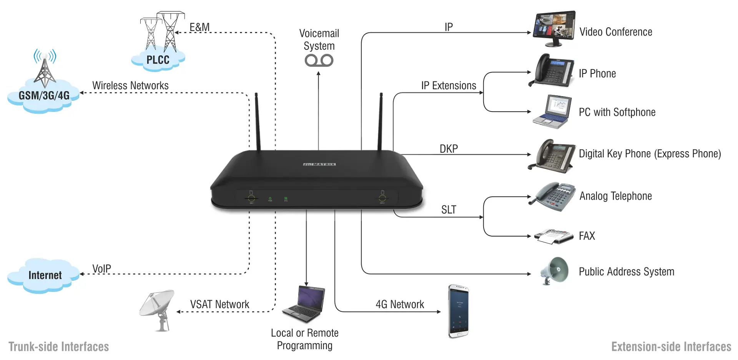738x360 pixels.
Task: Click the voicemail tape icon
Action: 319,60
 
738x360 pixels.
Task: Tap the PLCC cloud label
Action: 158,60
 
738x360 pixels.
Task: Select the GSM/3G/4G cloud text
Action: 44,95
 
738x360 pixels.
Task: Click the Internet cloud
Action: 45,275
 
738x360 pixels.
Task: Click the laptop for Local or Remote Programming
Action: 304,304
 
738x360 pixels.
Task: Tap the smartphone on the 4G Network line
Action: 459,311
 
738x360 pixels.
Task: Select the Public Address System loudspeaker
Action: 555,271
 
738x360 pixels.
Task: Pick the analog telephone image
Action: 553,197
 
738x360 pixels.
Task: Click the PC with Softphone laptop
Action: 552,112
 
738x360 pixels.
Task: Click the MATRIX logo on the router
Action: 319,165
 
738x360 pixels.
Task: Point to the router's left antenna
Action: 258,121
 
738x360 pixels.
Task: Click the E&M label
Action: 199,27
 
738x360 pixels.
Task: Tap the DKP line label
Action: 449,149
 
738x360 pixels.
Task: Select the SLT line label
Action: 449,210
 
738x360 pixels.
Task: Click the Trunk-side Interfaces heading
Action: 59,347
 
